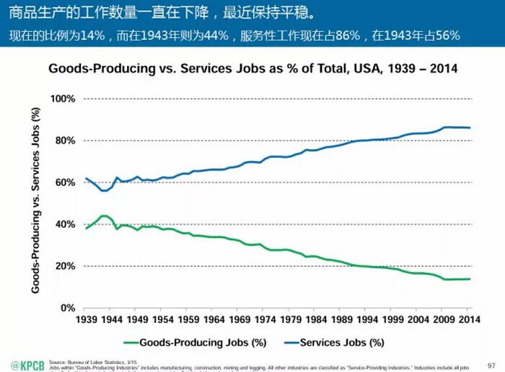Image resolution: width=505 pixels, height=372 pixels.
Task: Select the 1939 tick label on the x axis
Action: [86, 319]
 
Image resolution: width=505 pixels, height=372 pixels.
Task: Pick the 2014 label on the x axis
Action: [469, 319]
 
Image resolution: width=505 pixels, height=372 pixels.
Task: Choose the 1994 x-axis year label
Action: [367, 319]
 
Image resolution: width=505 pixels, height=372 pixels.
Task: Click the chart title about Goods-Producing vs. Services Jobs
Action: [252, 69]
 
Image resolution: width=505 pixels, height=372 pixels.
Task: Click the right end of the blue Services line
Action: [470, 128]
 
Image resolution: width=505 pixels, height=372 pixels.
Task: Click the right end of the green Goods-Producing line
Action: [470, 279]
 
